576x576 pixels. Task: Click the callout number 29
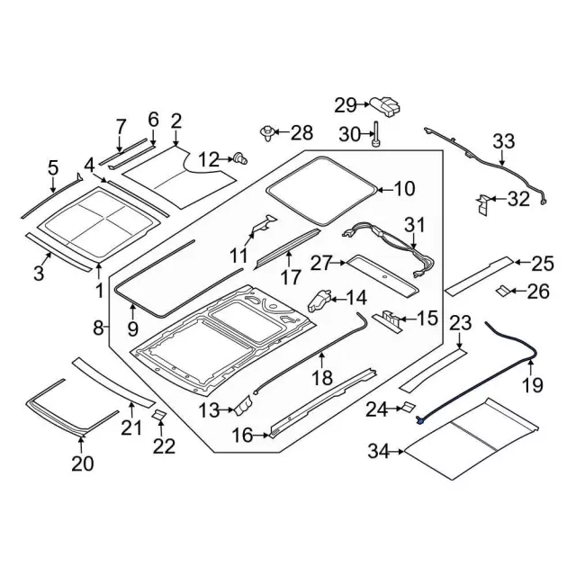coord(346,105)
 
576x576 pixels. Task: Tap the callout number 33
coord(504,141)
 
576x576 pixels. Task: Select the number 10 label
coord(405,189)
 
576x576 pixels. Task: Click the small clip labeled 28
coord(267,133)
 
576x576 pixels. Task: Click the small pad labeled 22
coord(159,414)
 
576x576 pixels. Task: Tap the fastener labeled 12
coord(239,159)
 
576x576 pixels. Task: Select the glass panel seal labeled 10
coord(324,190)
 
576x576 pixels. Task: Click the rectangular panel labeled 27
coord(382,274)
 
